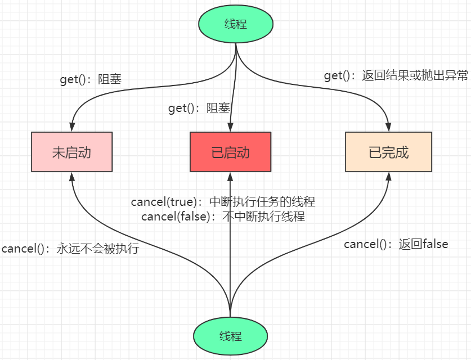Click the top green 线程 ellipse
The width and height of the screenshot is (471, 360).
236,24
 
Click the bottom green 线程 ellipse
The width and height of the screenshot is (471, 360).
230,336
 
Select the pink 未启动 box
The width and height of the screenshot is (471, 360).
72,152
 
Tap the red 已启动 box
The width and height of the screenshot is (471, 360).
230,152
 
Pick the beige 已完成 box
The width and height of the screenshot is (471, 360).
388,152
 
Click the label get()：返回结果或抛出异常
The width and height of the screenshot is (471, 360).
396,76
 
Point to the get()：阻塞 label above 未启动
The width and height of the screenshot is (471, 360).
91,79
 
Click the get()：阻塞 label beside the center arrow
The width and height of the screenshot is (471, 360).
199,108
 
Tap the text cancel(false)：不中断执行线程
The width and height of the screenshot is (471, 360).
223,216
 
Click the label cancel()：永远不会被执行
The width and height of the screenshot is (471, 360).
70,249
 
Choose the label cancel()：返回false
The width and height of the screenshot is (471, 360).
396,244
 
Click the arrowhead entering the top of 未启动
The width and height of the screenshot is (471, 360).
72,127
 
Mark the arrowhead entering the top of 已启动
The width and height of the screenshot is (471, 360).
230,127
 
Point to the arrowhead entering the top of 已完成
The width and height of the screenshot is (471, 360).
388,127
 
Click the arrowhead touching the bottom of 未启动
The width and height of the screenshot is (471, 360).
72,177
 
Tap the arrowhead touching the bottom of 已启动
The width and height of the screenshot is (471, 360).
230,177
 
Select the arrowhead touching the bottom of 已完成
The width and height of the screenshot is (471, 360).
388,177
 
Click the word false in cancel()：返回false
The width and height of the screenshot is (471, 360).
434,244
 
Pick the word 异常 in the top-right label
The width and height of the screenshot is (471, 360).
455,76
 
